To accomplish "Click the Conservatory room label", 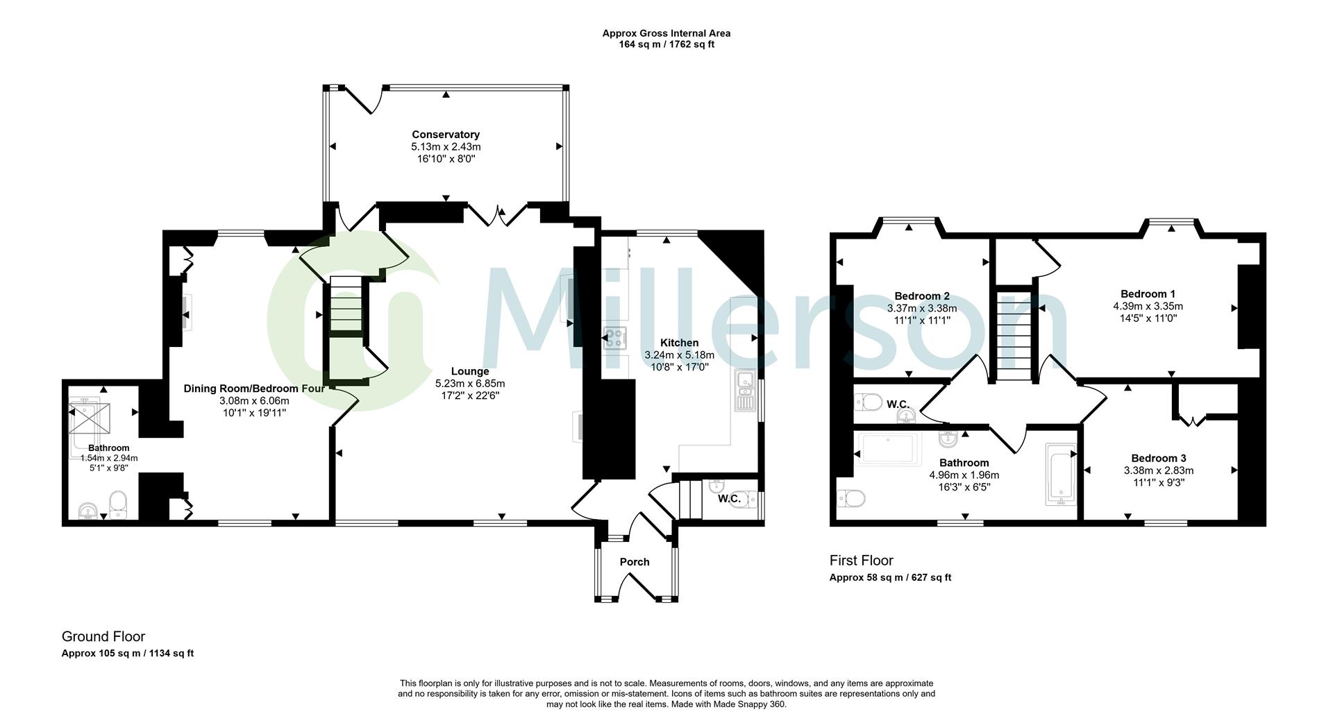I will tap(445, 135).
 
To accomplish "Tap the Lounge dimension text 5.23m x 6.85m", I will tap(470, 384).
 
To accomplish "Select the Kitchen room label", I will tap(679, 343).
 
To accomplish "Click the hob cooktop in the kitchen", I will tap(615, 338).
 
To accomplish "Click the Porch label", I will tap(634, 562).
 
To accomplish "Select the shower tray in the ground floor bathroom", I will tap(88, 418).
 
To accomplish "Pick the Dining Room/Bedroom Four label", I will tap(254, 389).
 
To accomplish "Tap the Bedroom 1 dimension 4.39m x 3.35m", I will tap(1148, 306).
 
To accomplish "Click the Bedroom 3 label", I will tap(1158, 458).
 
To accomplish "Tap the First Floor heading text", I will tap(861, 561).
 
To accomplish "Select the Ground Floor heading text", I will tap(103, 636).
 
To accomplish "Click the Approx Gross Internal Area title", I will tap(666, 33).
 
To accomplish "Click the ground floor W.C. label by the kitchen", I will tap(729, 498).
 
